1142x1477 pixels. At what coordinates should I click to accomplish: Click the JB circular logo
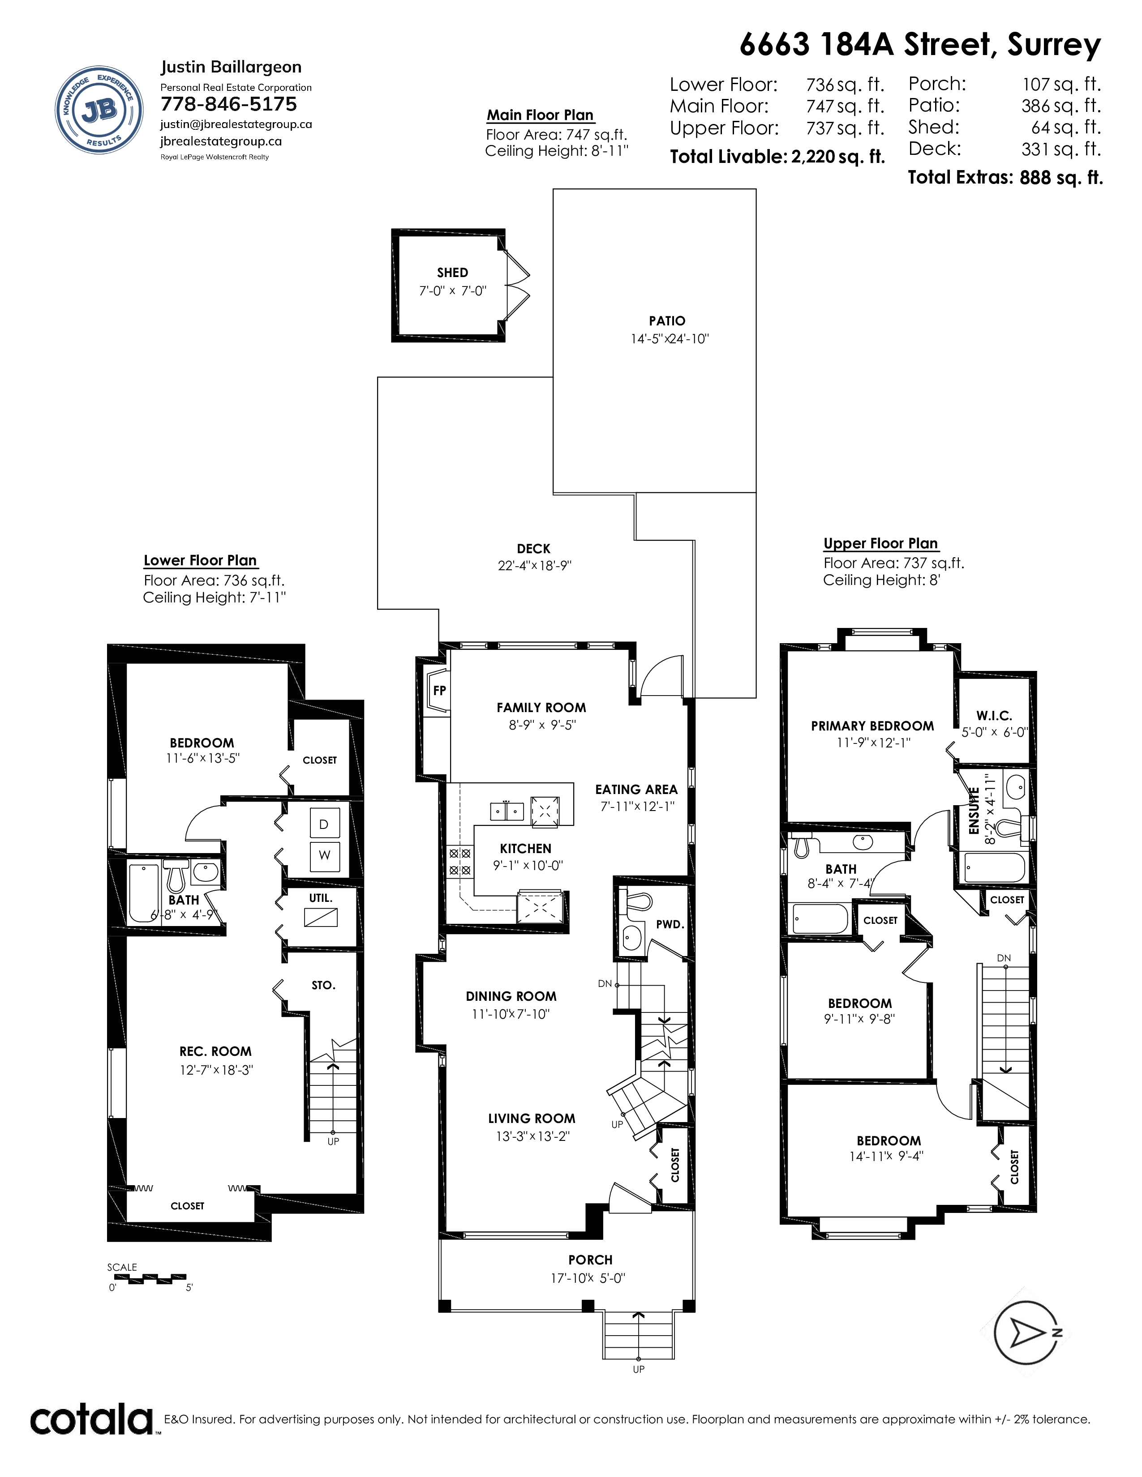point(99,110)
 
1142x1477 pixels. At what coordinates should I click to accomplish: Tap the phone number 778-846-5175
point(229,104)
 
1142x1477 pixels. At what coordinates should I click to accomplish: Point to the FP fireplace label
point(440,691)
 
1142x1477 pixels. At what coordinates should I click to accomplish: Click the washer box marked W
point(324,855)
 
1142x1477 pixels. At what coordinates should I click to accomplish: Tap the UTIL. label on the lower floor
point(321,898)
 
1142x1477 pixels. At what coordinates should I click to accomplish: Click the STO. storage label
point(323,986)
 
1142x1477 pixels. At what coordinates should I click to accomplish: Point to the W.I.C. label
point(994,716)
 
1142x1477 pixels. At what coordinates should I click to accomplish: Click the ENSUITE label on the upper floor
point(974,811)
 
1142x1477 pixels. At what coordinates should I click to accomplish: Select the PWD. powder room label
point(670,925)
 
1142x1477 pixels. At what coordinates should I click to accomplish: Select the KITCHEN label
point(526,848)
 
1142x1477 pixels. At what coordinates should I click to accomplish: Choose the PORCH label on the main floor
point(591,1260)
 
